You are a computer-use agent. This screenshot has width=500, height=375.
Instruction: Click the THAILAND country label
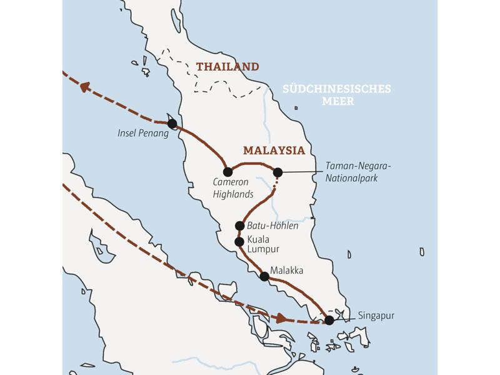coord(227,67)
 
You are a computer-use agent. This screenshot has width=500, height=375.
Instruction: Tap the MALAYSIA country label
coord(274,151)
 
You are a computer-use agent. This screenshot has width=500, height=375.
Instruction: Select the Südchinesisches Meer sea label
coord(336,95)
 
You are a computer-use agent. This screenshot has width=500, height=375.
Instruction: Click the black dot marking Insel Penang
coord(172,124)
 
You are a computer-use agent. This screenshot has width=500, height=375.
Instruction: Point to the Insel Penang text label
coord(143,133)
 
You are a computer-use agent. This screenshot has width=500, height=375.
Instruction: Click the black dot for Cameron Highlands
coord(227,172)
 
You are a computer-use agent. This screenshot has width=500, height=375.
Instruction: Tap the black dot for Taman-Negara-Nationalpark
coord(277,172)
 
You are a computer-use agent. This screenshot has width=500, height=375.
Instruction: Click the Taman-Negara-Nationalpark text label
coord(357,171)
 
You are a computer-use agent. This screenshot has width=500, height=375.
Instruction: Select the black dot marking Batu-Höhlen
coord(239,226)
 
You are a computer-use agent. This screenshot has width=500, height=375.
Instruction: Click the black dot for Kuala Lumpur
coord(239,242)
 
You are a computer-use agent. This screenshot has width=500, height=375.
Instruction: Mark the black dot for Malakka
coord(264,276)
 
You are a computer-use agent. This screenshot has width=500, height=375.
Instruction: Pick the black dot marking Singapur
coord(329,320)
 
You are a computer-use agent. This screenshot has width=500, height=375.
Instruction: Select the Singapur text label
coord(377,316)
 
